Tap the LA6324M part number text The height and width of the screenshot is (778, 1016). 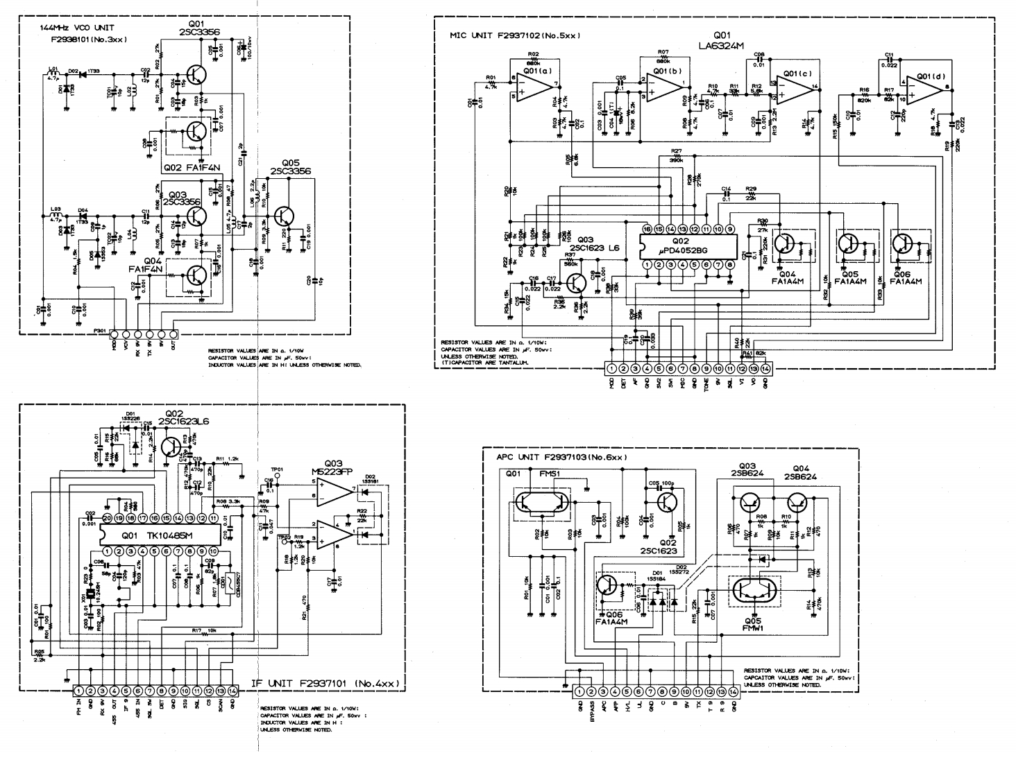pyautogui.click(x=722, y=46)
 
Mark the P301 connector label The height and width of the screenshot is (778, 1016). pyautogui.click(x=101, y=331)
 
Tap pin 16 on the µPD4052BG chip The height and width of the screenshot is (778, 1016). pyautogui.click(x=647, y=229)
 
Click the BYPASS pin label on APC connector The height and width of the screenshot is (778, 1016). pyautogui.click(x=592, y=711)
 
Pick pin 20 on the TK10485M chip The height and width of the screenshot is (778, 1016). pyautogui.click(x=107, y=517)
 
